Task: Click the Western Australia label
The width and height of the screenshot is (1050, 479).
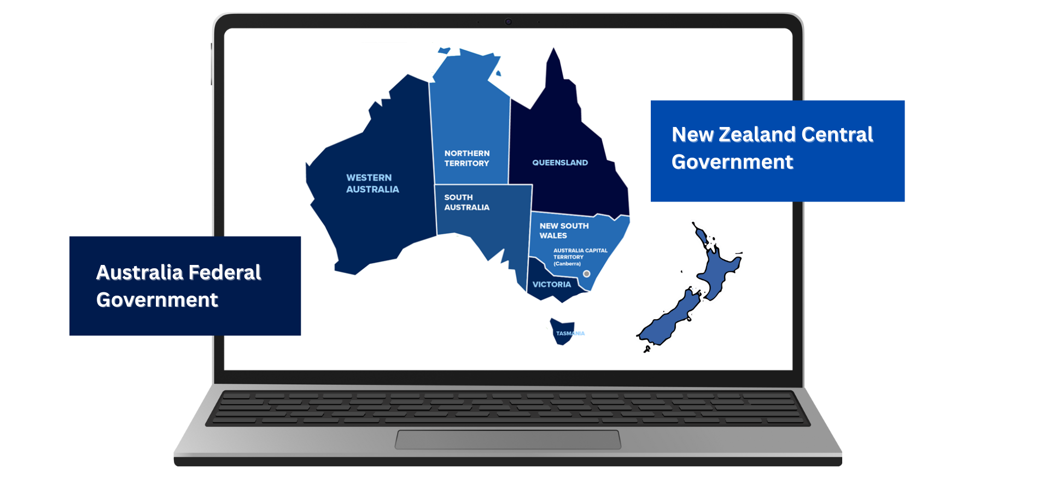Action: (372, 183)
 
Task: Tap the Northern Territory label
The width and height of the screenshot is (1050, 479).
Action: (466, 158)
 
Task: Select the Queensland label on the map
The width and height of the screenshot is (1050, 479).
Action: (560, 163)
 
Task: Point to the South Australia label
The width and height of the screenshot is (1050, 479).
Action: (466, 202)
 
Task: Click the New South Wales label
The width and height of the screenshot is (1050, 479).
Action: (564, 230)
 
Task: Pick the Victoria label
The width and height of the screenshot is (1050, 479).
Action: (551, 285)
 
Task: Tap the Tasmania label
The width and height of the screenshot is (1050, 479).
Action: (570, 333)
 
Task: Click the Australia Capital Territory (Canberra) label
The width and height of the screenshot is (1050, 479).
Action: (580, 257)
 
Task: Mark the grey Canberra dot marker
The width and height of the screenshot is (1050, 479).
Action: (587, 274)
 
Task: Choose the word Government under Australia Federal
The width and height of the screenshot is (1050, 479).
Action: (157, 300)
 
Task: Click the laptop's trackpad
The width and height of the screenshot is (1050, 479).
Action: (508, 440)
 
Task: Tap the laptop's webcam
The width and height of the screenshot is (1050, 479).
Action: (508, 22)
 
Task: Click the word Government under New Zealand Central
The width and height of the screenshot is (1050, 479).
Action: (732, 162)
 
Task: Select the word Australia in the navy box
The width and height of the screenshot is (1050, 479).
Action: (139, 273)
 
